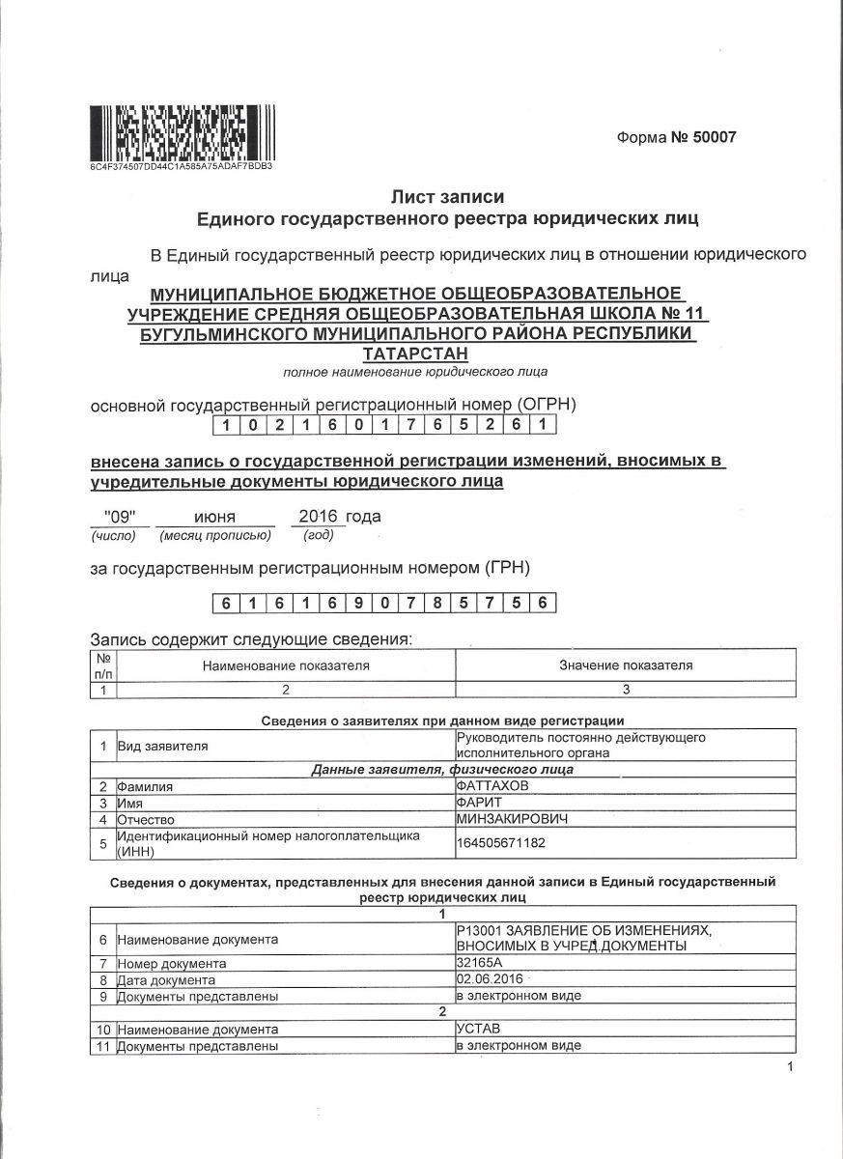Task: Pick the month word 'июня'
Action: click(x=214, y=516)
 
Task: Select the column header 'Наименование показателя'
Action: click(x=286, y=665)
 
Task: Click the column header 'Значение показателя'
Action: click(x=626, y=665)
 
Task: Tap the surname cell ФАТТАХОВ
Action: click(x=492, y=786)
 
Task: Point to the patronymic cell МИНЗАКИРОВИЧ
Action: click(x=512, y=819)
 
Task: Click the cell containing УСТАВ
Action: click(x=479, y=1030)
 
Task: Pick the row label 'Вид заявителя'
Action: click(x=162, y=746)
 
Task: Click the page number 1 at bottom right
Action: click(x=789, y=1066)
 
